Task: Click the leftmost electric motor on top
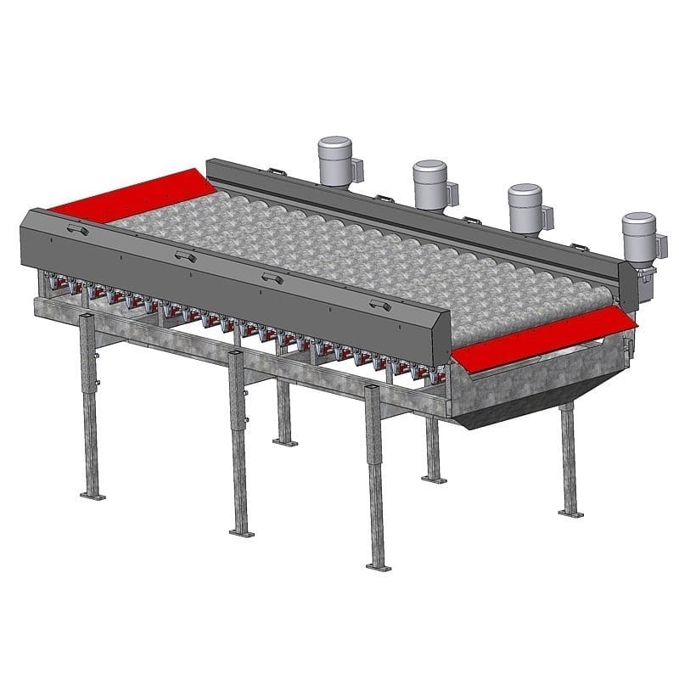pos(336,161)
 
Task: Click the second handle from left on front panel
pos(184,256)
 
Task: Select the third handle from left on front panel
pos(272,278)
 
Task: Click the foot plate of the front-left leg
pos(93,494)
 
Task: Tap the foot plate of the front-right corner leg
pos(378,564)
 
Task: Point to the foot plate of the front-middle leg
pos(242,531)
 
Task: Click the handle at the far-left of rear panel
pos(275,172)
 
